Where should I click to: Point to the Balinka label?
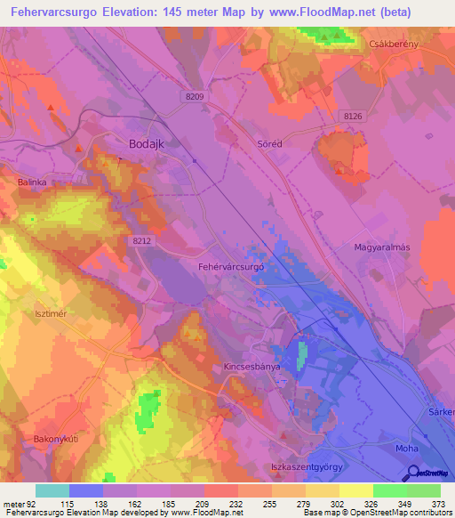point(31,182)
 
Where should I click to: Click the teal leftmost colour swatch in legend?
point(52,490)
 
